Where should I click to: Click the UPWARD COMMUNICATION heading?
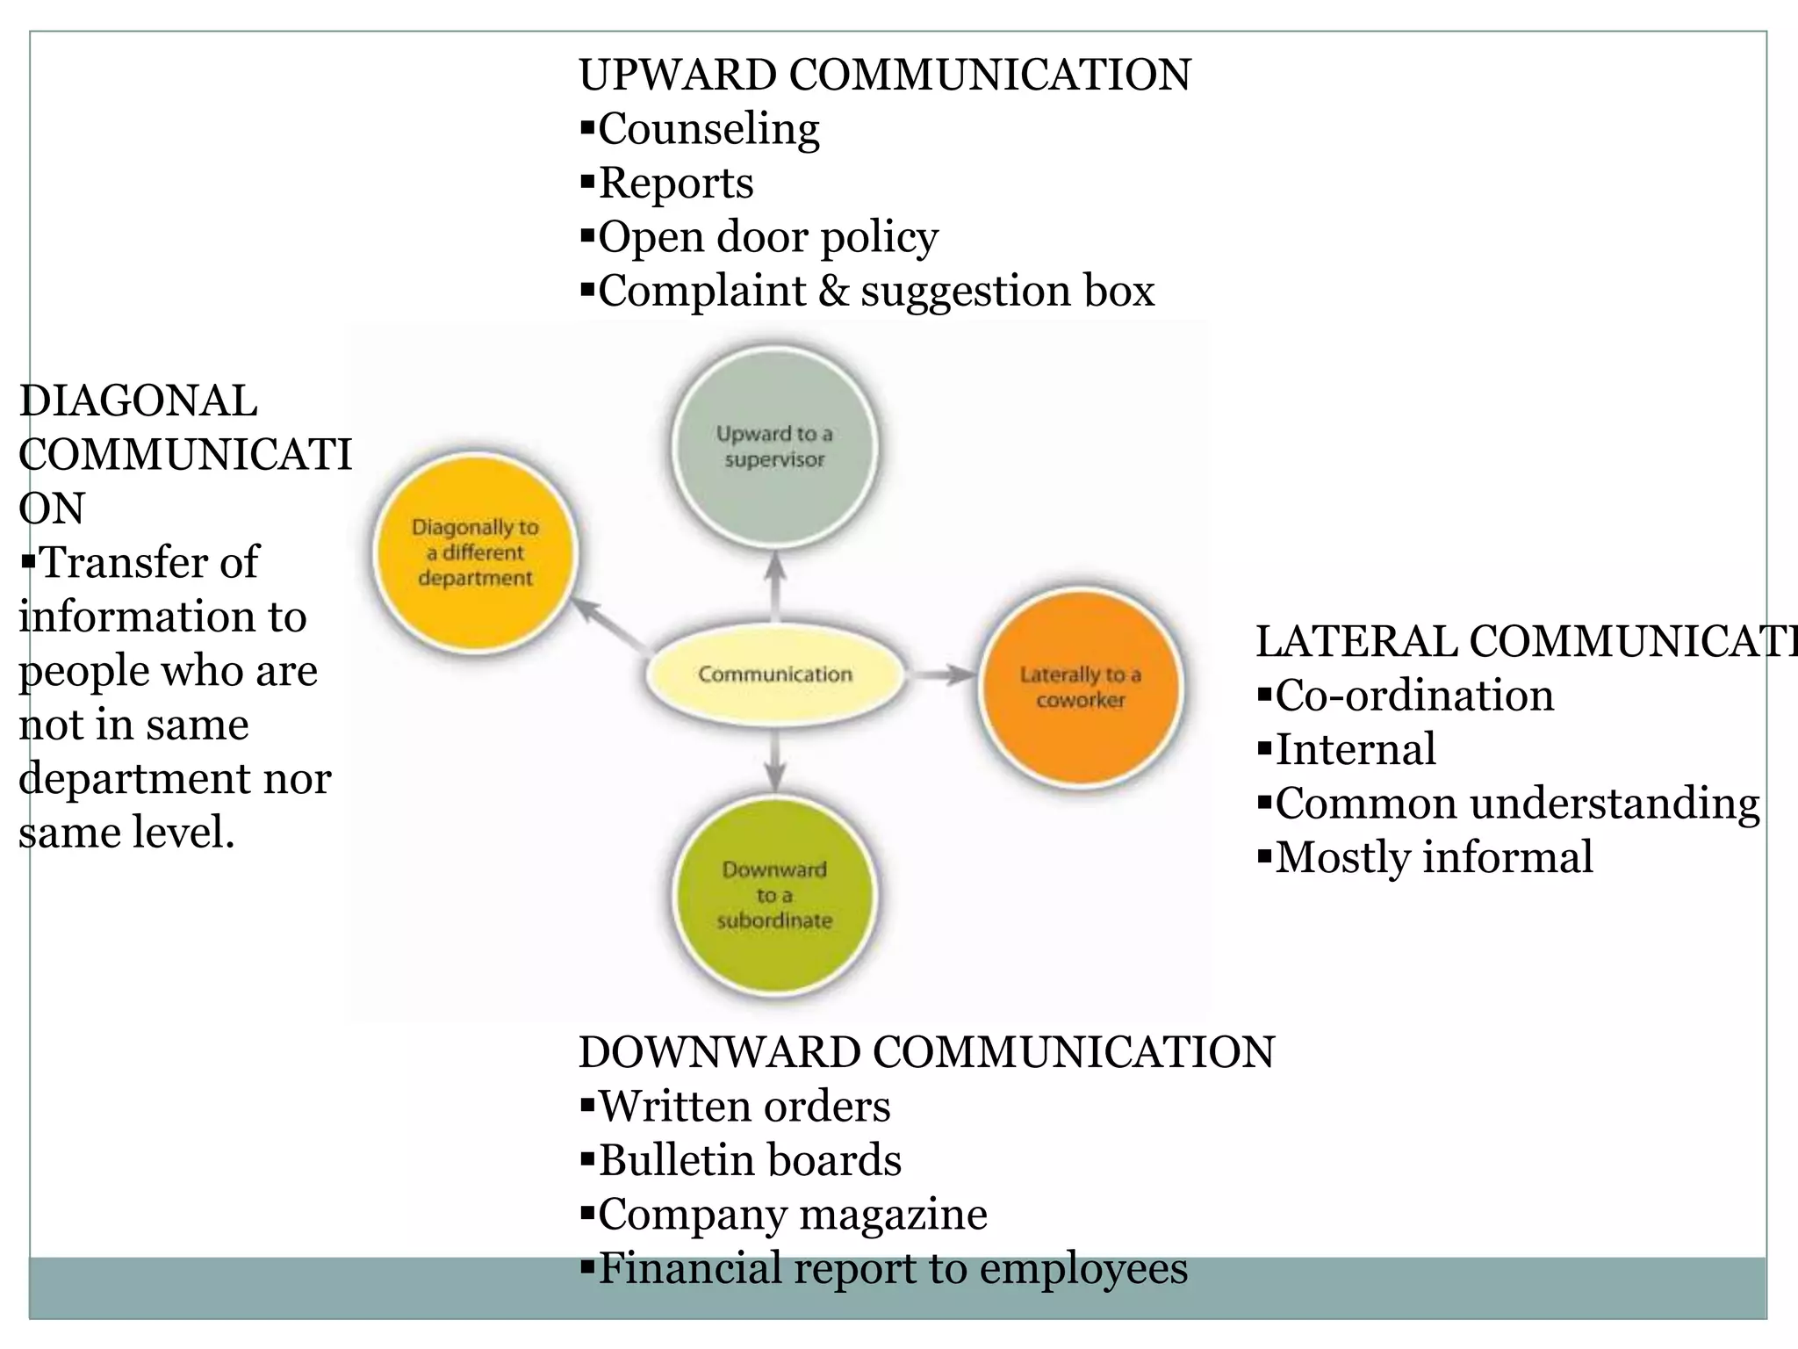coord(884,75)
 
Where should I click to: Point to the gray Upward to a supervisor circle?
coord(773,446)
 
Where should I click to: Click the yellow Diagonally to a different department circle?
coord(475,552)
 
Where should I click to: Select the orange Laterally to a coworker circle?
coord(1080,687)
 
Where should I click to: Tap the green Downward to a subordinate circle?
coord(773,895)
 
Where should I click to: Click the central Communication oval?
coord(774,674)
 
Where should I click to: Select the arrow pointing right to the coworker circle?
coord(941,674)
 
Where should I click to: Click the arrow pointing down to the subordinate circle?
coord(774,761)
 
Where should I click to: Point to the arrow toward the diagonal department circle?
coord(609,625)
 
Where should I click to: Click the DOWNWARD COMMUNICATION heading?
coord(926,1052)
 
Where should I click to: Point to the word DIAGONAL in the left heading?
coord(138,401)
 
